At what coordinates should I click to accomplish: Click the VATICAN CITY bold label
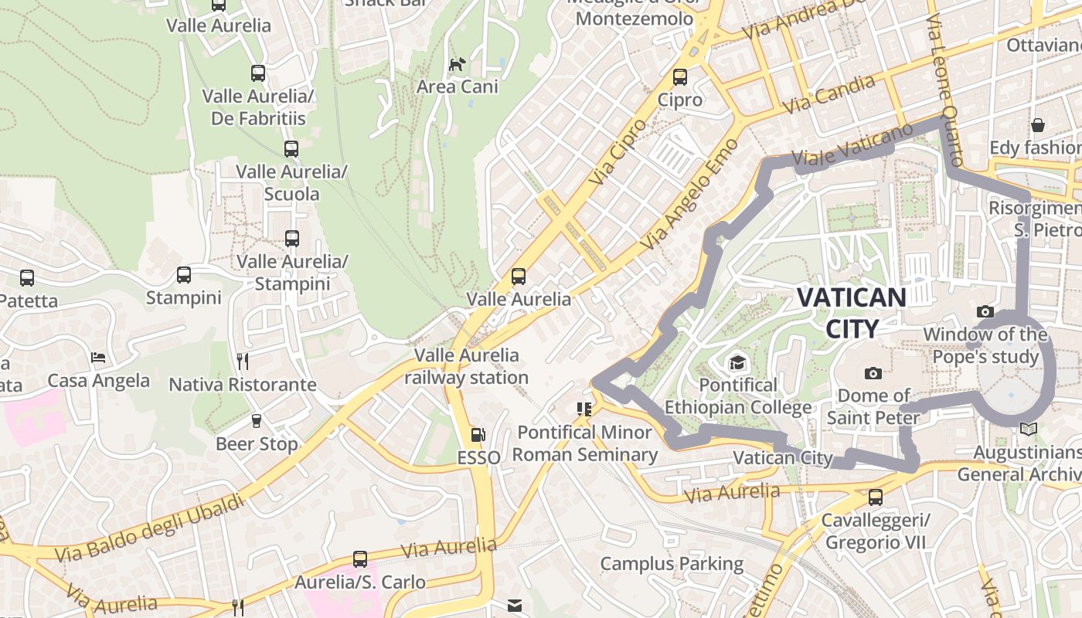tap(851, 313)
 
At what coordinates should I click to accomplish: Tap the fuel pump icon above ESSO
tap(479, 436)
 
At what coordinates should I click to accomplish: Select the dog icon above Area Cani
tap(458, 63)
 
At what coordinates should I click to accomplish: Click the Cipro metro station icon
tap(680, 77)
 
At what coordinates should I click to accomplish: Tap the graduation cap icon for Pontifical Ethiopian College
tap(737, 362)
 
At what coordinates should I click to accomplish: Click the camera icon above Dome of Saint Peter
tap(873, 374)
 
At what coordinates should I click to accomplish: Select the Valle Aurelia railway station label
tap(467, 366)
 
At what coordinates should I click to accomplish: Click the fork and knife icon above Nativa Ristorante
tap(243, 361)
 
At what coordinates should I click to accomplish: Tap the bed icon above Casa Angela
tap(98, 358)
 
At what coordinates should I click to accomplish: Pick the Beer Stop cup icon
tap(257, 421)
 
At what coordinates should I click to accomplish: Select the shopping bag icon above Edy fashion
tap(1038, 125)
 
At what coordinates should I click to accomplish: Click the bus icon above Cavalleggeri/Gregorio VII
tap(876, 498)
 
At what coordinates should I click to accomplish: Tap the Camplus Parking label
tap(672, 564)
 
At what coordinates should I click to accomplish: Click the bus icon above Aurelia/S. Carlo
tap(360, 559)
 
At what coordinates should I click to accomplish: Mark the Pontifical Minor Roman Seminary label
tap(584, 443)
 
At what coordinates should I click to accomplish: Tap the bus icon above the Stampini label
tap(184, 275)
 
